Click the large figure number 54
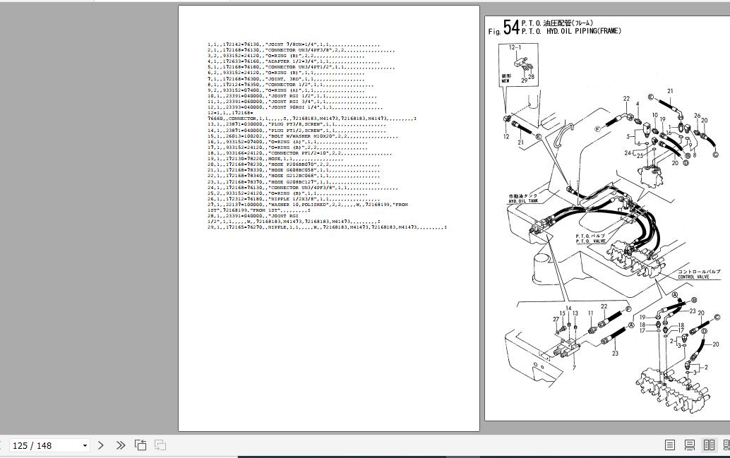511,27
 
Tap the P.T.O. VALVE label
590,241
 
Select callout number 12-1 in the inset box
515,47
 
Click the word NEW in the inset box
505,81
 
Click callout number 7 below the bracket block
573,368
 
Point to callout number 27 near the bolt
556,320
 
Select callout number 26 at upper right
697,116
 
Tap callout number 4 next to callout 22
638,104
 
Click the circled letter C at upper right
715,155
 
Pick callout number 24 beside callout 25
628,153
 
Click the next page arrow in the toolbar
100,445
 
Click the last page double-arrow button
121,445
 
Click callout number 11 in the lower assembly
591,313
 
